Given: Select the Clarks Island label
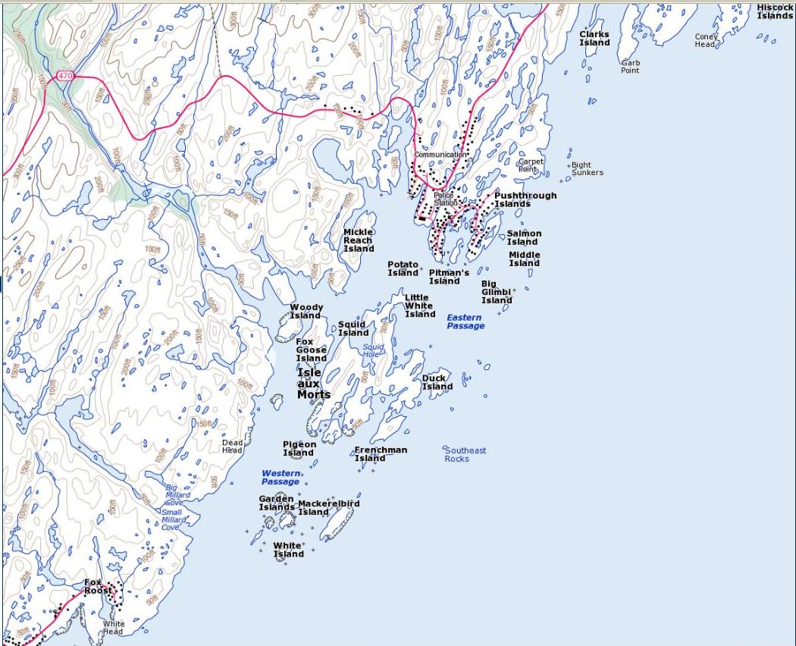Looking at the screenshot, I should click(594, 38).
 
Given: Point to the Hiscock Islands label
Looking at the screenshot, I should click(775, 11).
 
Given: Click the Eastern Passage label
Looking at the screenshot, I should click(465, 321).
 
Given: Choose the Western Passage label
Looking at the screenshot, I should click(280, 478).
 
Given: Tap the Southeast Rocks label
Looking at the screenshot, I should click(465, 454).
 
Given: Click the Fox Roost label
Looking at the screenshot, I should click(98, 586).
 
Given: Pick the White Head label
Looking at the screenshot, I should click(113, 628).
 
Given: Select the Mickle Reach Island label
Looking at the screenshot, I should click(359, 240).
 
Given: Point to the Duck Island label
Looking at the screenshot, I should click(437, 382).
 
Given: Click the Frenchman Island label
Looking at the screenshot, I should click(381, 453).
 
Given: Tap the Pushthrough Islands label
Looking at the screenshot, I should click(525, 199).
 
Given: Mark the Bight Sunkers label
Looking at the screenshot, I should click(587, 168).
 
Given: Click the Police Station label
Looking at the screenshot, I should click(445, 199).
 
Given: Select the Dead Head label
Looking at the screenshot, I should click(232, 447).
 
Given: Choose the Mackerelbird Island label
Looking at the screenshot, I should click(328, 507).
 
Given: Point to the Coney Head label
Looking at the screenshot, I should click(706, 40).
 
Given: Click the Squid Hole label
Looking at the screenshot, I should click(373, 350).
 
